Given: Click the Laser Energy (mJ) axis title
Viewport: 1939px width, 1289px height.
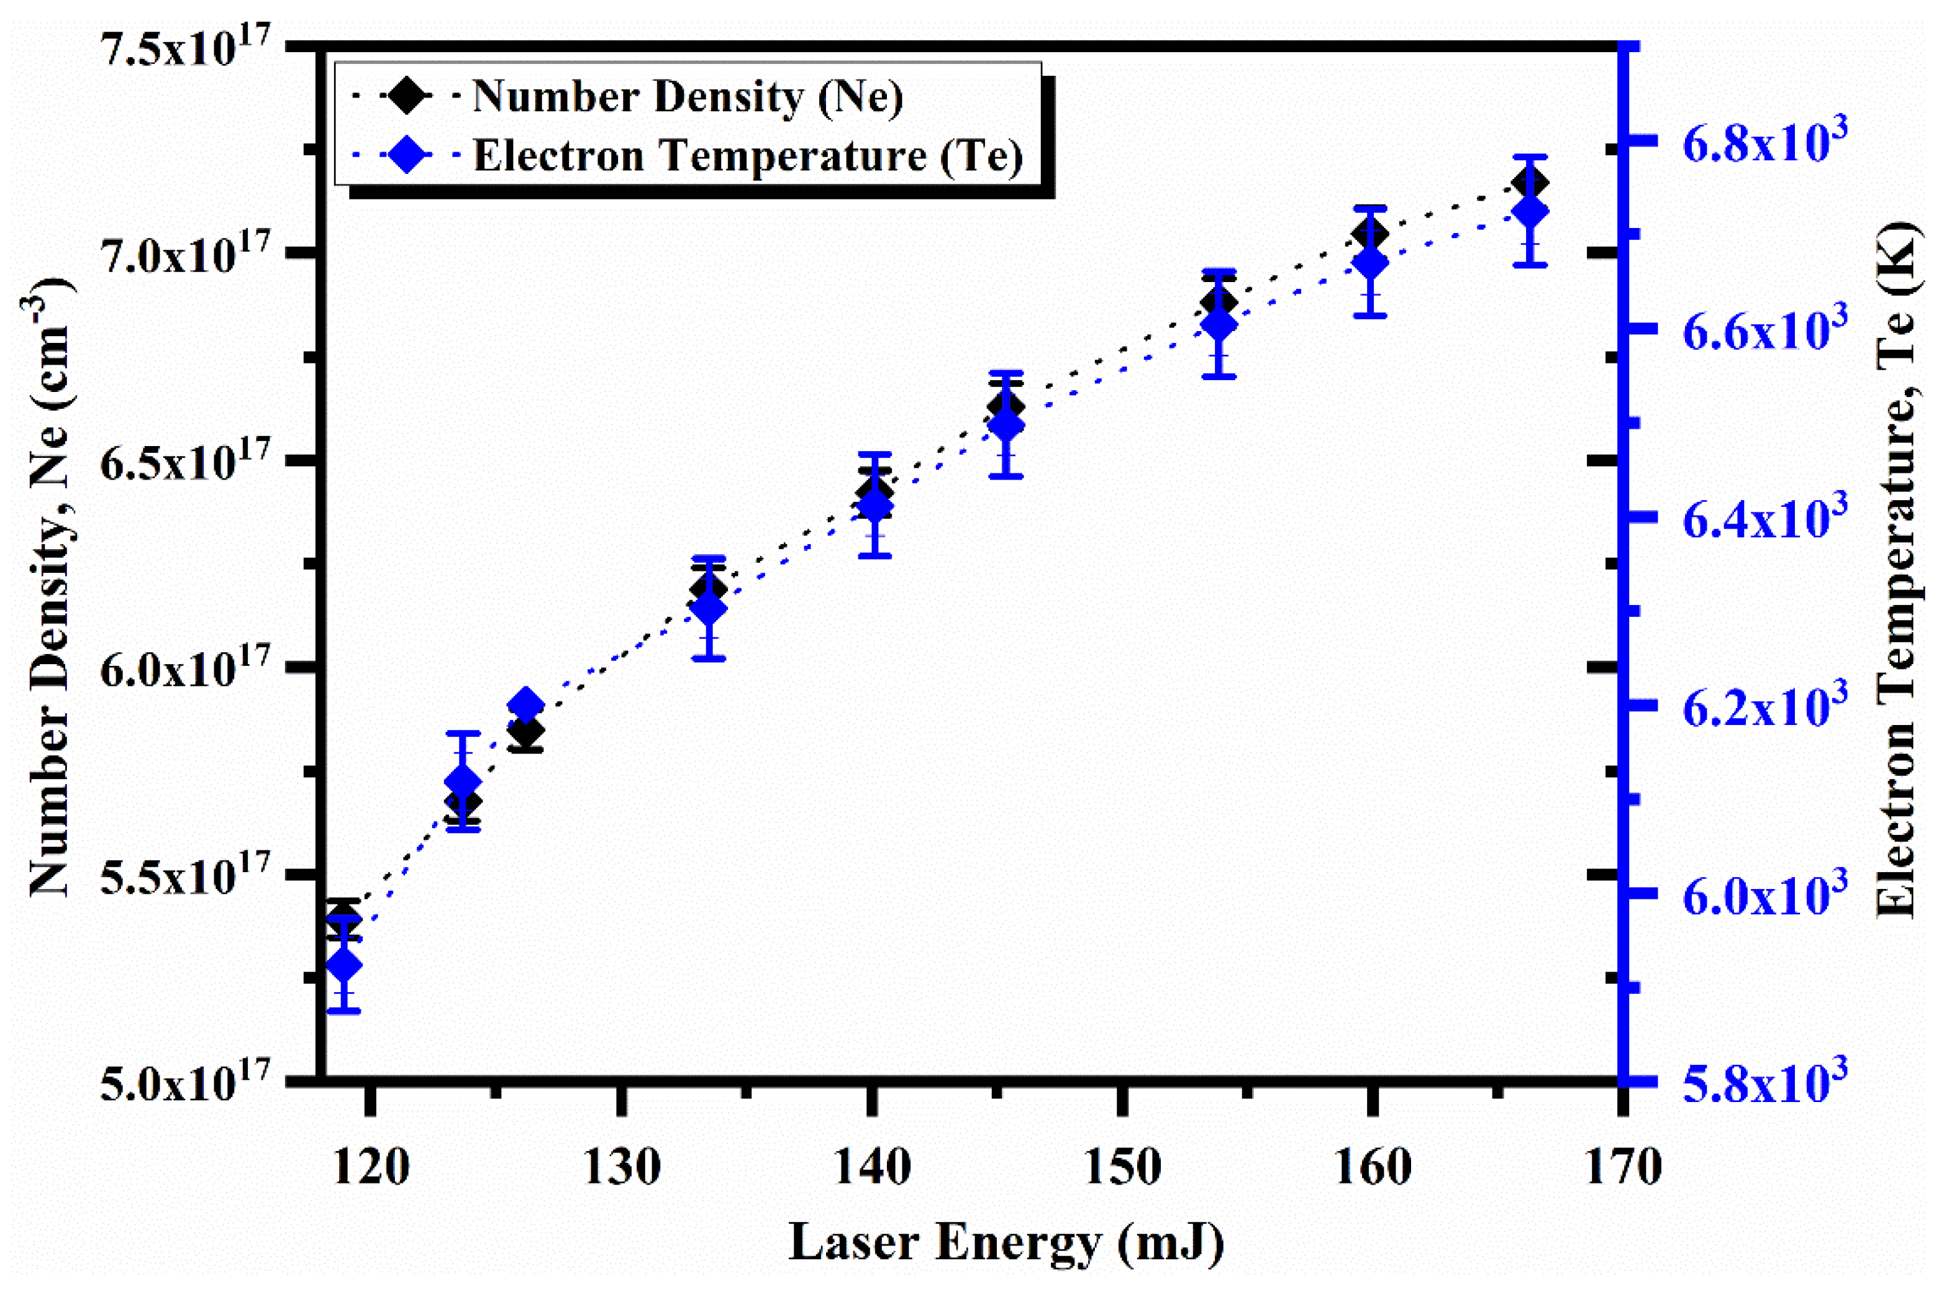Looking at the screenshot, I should [1006, 1242].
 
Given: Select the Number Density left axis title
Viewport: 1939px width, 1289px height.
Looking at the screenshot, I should [49, 588].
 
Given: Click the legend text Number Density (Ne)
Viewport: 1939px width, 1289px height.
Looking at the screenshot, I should [687, 97].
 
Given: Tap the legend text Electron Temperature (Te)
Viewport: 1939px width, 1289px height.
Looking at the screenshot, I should [747, 155].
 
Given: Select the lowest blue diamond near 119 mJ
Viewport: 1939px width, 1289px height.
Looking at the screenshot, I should [343, 965].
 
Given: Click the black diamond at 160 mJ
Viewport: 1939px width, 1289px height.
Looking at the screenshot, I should [1370, 235].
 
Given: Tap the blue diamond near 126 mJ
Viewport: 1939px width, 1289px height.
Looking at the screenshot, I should [526, 704].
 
